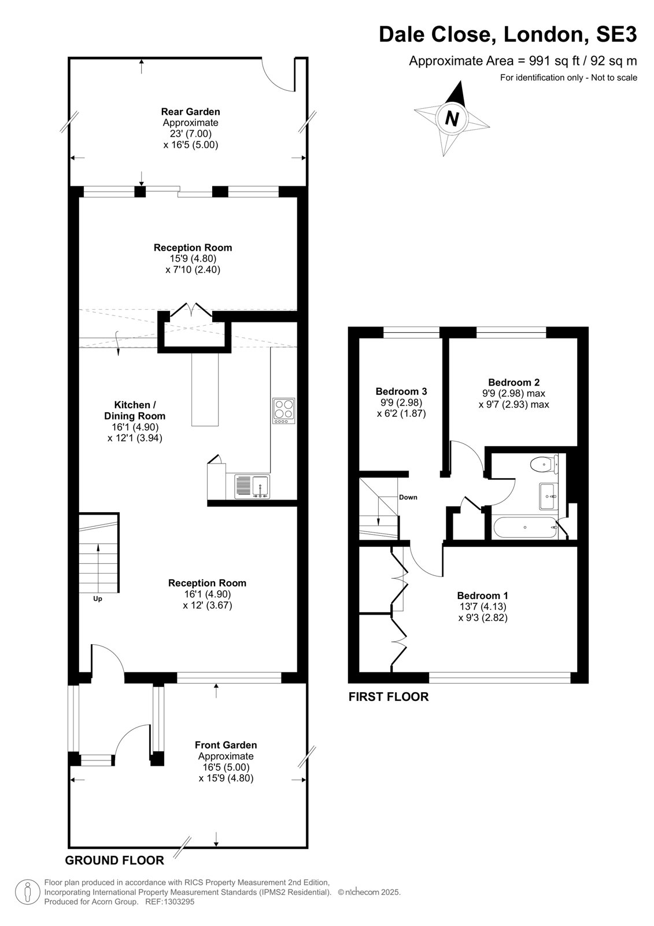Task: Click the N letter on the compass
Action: [x=452, y=119]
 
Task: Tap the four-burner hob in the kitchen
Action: [x=284, y=410]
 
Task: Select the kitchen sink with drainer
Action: [x=253, y=487]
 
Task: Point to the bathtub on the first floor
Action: [x=524, y=527]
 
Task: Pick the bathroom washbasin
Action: [x=549, y=496]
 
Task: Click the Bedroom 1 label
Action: [x=482, y=596]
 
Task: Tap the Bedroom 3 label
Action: [x=401, y=391]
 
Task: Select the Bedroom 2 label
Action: [x=514, y=383]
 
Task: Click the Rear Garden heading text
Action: [x=190, y=112]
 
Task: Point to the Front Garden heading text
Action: [x=226, y=745]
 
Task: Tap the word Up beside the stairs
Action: [x=98, y=599]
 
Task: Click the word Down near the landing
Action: [x=408, y=497]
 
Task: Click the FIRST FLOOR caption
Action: [x=389, y=697]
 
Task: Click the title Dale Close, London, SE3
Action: [x=508, y=35]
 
